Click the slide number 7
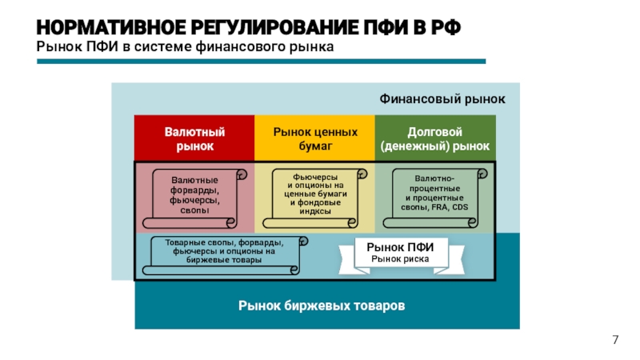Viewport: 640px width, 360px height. point(615,341)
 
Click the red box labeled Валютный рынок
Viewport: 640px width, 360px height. point(194,139)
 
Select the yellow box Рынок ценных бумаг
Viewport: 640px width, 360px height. point(315,139)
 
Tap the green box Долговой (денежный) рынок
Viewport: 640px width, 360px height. point(435,139)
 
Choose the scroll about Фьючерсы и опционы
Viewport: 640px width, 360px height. point(315,194)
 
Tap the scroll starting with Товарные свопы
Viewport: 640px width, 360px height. point(223,251)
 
